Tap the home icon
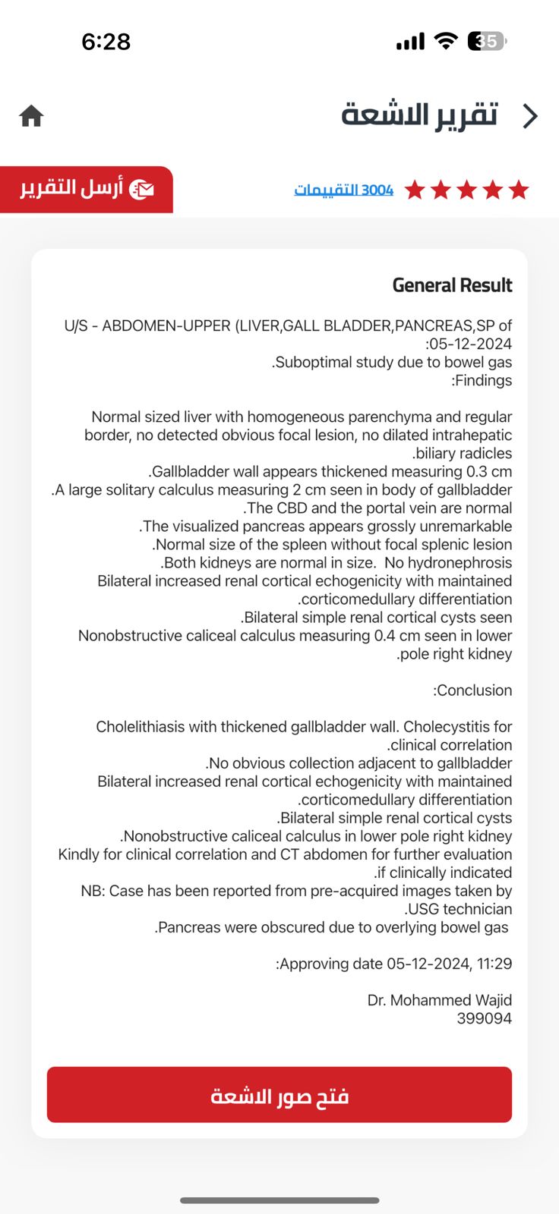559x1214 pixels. (31, 116)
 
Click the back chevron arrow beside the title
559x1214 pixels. (530, 116)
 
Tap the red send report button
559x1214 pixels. (87, 189)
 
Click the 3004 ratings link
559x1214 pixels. (343, 190)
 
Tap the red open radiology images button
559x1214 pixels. (279, 1095)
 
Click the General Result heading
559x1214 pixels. (452, 285)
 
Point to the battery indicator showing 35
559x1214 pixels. (487, 41)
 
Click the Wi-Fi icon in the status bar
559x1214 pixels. (446, 41)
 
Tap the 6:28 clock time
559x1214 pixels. (106, 42)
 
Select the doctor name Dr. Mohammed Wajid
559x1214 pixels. (440, 1000)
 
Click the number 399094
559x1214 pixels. (484, 1018)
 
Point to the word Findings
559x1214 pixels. (483, 380)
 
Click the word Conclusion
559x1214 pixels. (474, 690)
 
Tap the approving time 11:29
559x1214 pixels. (494, 964)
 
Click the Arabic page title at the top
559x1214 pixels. (419, 115)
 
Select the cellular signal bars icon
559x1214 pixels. (410, 42)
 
